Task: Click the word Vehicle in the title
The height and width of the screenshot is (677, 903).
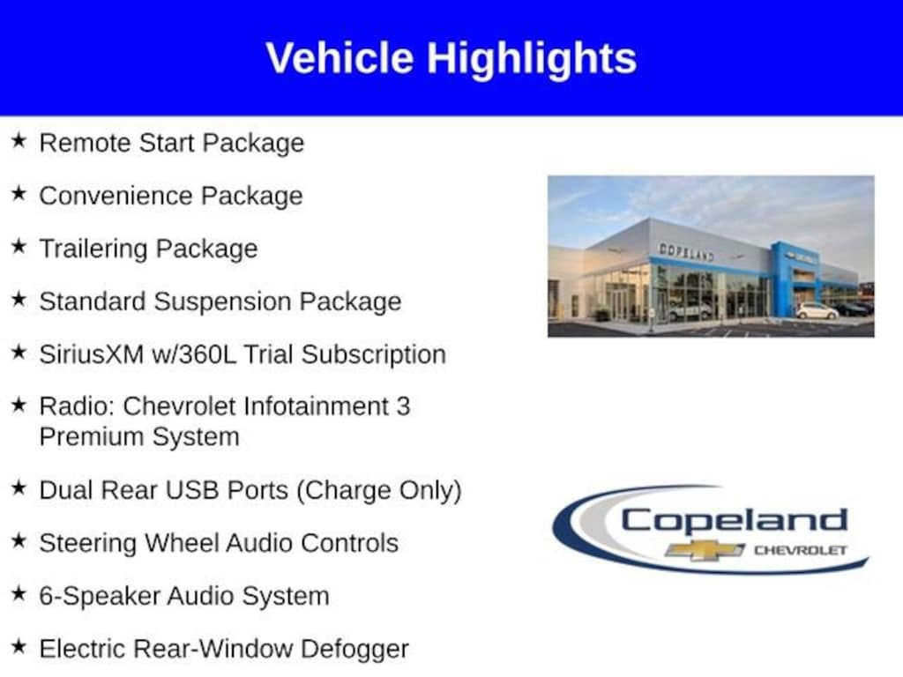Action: point(340,58)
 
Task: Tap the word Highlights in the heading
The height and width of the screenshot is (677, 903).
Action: point(532,58)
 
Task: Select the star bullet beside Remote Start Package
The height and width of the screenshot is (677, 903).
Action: point(19,141)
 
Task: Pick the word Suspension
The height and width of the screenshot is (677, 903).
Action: point(223,301)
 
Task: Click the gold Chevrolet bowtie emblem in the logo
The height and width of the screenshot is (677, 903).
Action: point(705,550)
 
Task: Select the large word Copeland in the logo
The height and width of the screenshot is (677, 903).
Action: point(734,520)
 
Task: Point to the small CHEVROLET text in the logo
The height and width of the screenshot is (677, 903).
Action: point(799,551)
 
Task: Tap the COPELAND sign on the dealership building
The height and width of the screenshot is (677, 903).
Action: point(686,252)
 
